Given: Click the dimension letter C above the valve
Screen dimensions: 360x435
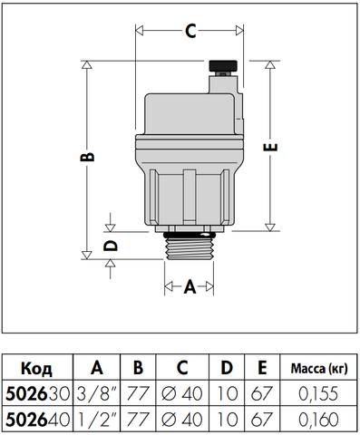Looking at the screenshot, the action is pyautogui.click(x=190, y=31).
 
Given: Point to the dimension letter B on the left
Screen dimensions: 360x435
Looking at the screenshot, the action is pyautogui.click(x=88, y=157).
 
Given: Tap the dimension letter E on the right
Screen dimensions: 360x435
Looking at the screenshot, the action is pyautogui.click(x=270, y=147).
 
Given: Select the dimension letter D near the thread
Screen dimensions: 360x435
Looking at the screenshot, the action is pyautogui.click(x=110, y=246).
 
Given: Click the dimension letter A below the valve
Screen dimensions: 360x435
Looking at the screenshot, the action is pyautogui.click(x=190, y=286).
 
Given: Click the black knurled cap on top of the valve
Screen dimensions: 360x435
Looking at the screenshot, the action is pyautogui.click(x=223, y=65).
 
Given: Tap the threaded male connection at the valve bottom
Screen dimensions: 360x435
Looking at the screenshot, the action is pyautogui.click(x=189, y=247).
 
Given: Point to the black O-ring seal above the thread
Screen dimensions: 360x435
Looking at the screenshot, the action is pyautogui.click(x=189, y=235).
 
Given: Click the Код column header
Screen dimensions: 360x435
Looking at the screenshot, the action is pyautogui.click(x=36, y=369).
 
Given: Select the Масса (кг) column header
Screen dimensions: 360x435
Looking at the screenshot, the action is pyautogui.click(x=319, y=369).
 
